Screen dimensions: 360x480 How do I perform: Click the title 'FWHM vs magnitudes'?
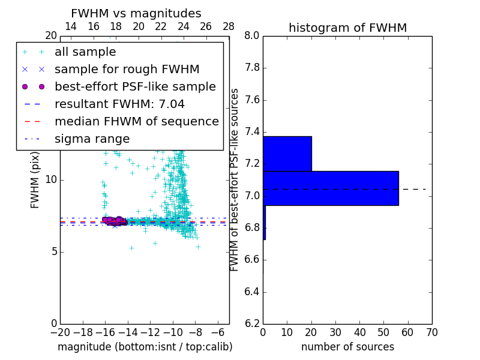tap(136, 13)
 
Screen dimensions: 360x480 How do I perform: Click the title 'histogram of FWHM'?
tap(347, 28)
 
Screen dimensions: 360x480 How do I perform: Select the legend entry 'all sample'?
tap(85, 52)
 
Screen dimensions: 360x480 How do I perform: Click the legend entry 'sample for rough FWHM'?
tap(127, 70)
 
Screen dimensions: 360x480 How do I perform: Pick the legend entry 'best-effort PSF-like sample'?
tap(135, 87)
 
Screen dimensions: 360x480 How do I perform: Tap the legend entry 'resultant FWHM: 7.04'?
tap(119, 104)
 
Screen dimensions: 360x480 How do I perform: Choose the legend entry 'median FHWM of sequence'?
tap(136, 122)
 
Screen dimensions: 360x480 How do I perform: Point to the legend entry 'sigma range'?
tap(92, 139)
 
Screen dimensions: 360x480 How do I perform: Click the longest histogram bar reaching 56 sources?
tap(331, 188)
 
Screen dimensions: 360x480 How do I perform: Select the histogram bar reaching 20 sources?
tap(287, 154)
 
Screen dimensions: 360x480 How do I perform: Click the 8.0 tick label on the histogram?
tap(251, 36)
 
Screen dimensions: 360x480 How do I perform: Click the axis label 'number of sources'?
tap(347, 347)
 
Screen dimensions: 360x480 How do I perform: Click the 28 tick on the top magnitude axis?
tap(229, 26)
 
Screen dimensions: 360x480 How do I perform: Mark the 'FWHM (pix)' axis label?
tap(35, 179)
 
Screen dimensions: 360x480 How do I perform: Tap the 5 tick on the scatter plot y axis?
tap(53, 251)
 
